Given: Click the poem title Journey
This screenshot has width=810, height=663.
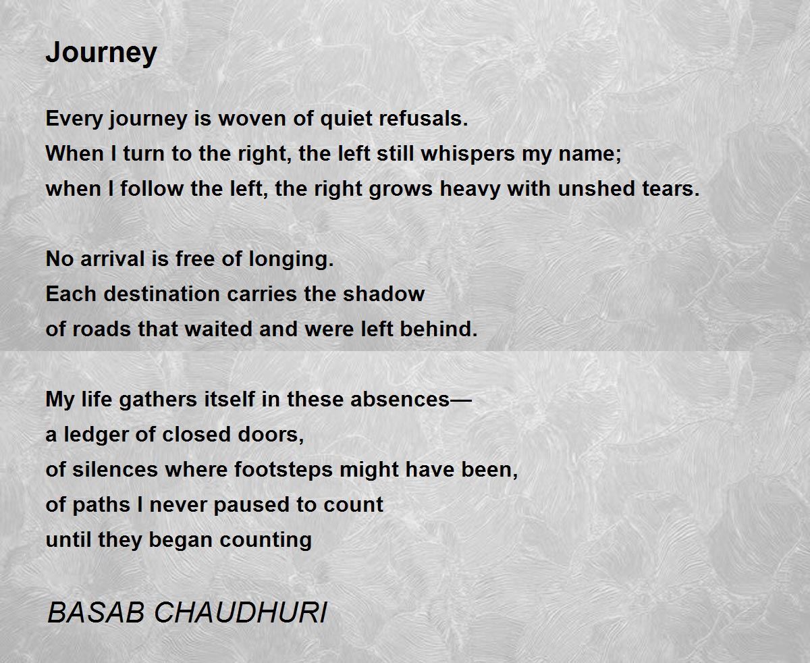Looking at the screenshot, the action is click(101, 53).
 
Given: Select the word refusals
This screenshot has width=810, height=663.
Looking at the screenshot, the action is click(424, 118).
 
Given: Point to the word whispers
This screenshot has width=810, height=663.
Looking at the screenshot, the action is click(468, 154).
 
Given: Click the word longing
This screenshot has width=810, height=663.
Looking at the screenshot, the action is click(291, 259).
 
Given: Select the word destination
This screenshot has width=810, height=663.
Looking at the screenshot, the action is click(162, 294).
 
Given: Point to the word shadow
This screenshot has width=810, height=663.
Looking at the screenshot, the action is click(383, 294).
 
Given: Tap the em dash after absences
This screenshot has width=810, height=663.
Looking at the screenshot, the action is click(461, 400).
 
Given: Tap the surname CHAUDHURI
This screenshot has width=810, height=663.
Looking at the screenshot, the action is click(241, 612).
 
